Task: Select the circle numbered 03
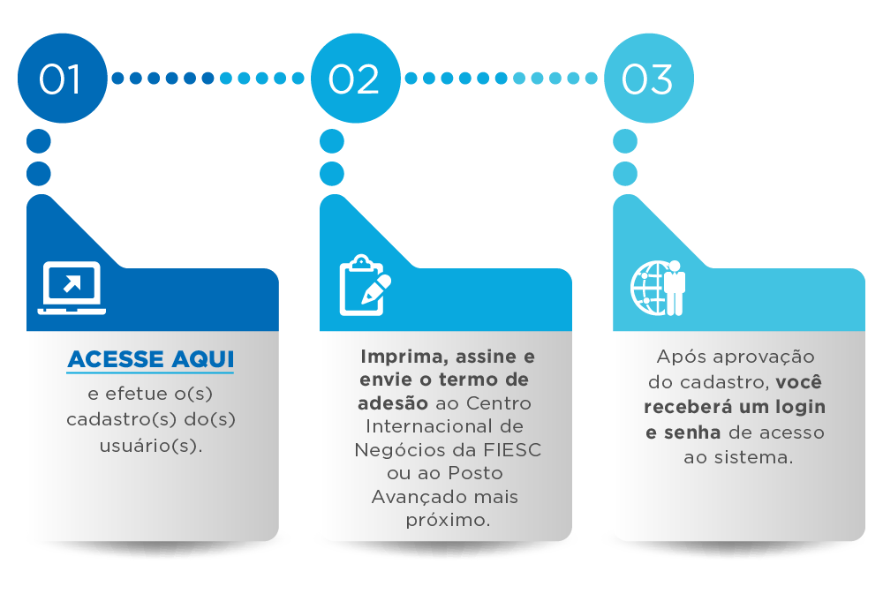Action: point(648,79)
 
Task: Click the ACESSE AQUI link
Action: point(151,359)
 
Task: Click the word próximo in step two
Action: point(447,520)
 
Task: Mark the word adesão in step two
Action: point(393,403)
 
